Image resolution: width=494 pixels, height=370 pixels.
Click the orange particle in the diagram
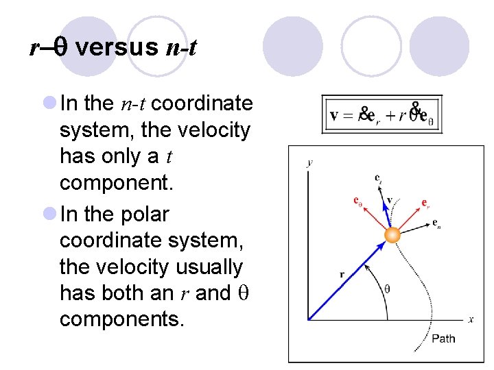(x=392, y=235)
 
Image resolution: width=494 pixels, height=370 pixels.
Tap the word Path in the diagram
(x=443, y=338)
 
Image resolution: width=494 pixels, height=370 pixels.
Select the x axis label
(x=471, y=320)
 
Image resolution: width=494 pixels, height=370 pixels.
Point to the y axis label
(x=310, y=162)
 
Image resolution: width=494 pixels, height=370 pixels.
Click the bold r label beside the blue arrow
(x=342, y=275)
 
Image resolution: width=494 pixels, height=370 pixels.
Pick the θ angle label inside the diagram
(x=387, y=288)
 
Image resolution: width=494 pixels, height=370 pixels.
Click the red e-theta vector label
(x=357, y=201)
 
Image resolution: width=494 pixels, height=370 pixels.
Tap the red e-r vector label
(x=426, y=203)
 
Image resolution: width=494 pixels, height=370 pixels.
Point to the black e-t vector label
(x=378, y=178)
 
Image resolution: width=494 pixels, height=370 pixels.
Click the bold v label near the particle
(x=389, y=200)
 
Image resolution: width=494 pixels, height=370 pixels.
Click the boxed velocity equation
(x=382, y=114)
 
